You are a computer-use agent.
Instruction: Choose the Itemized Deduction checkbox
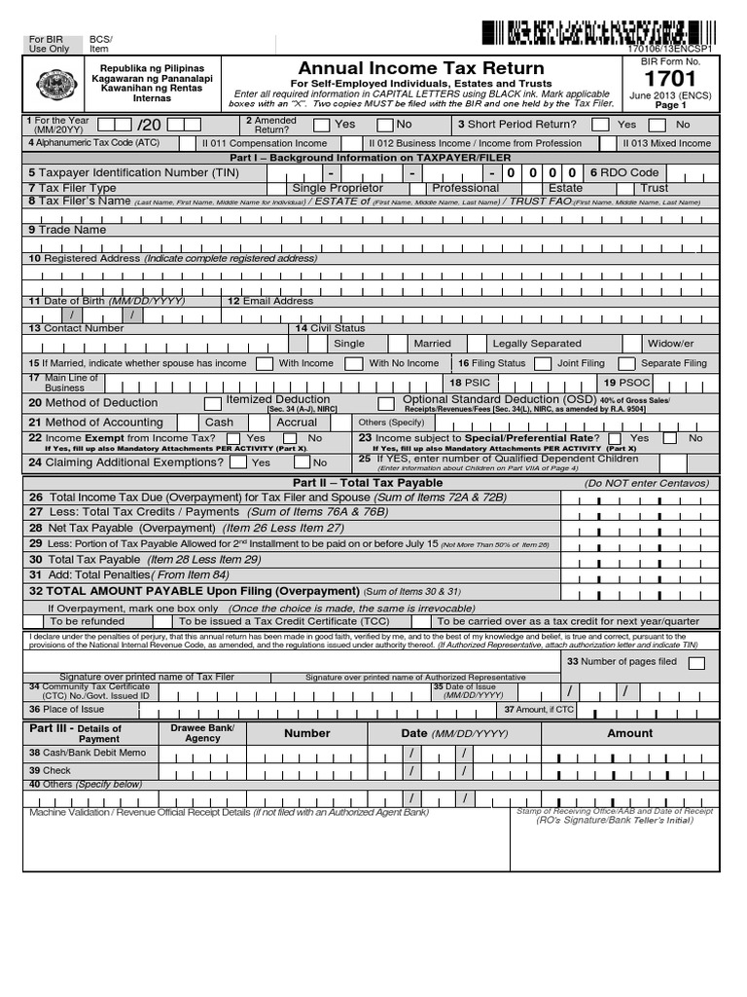point(212,402)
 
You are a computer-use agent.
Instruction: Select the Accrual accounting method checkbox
point(263,423)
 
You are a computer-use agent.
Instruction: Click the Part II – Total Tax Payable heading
point(367,483)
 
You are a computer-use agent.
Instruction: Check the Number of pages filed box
point(695,663)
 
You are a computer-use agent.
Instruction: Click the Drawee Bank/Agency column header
point(202,733)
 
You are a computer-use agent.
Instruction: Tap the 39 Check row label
point(50,770)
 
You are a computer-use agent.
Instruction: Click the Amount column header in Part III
point(629,733)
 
